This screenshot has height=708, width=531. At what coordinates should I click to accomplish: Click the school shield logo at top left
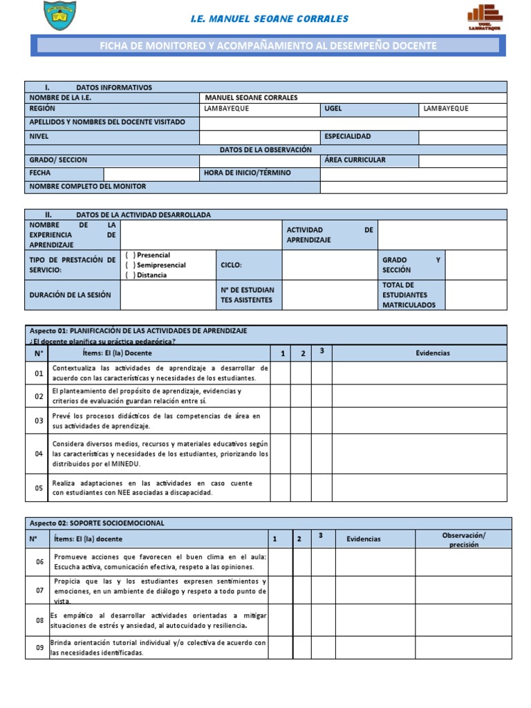(x=59, y=17)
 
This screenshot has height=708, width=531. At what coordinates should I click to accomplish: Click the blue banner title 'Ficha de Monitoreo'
(x=268, y=46)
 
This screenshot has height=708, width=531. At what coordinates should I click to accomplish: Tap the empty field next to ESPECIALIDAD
(x=463, y=137)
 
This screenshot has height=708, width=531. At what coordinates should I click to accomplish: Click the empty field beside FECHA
(x=151, y=173)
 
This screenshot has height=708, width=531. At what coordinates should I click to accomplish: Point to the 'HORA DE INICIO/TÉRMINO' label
(x=248, y=173)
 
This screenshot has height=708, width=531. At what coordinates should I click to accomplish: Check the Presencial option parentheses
(x=130, y=255)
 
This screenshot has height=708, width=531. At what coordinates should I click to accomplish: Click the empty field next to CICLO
(x=330, y=265)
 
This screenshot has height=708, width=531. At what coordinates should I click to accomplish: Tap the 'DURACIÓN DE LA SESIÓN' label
(x=70, y=295)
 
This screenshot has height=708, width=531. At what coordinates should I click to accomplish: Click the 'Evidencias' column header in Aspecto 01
(x=432, y=353)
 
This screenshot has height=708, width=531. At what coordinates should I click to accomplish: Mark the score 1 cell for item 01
(x=280, y=373)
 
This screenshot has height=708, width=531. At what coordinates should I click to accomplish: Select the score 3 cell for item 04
(x=322, y=454)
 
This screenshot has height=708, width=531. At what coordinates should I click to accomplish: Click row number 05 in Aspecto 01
(x=39, y=487)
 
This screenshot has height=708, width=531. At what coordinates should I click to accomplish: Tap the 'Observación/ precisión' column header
(x=464, y=539)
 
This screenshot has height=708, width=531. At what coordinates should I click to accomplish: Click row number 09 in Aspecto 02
(x=39, y=648)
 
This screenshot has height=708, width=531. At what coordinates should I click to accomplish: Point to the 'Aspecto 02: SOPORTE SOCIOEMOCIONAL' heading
(x=96, y=523)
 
